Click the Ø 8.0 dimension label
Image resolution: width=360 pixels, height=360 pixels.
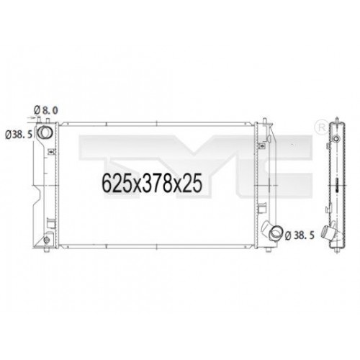tap(45, 109)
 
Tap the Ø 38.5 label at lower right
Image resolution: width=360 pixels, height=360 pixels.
tap(302, 234)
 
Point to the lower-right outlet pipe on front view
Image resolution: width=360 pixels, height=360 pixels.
tap(274, 232)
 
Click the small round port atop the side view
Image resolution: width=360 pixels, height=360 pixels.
tap(336, 134)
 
